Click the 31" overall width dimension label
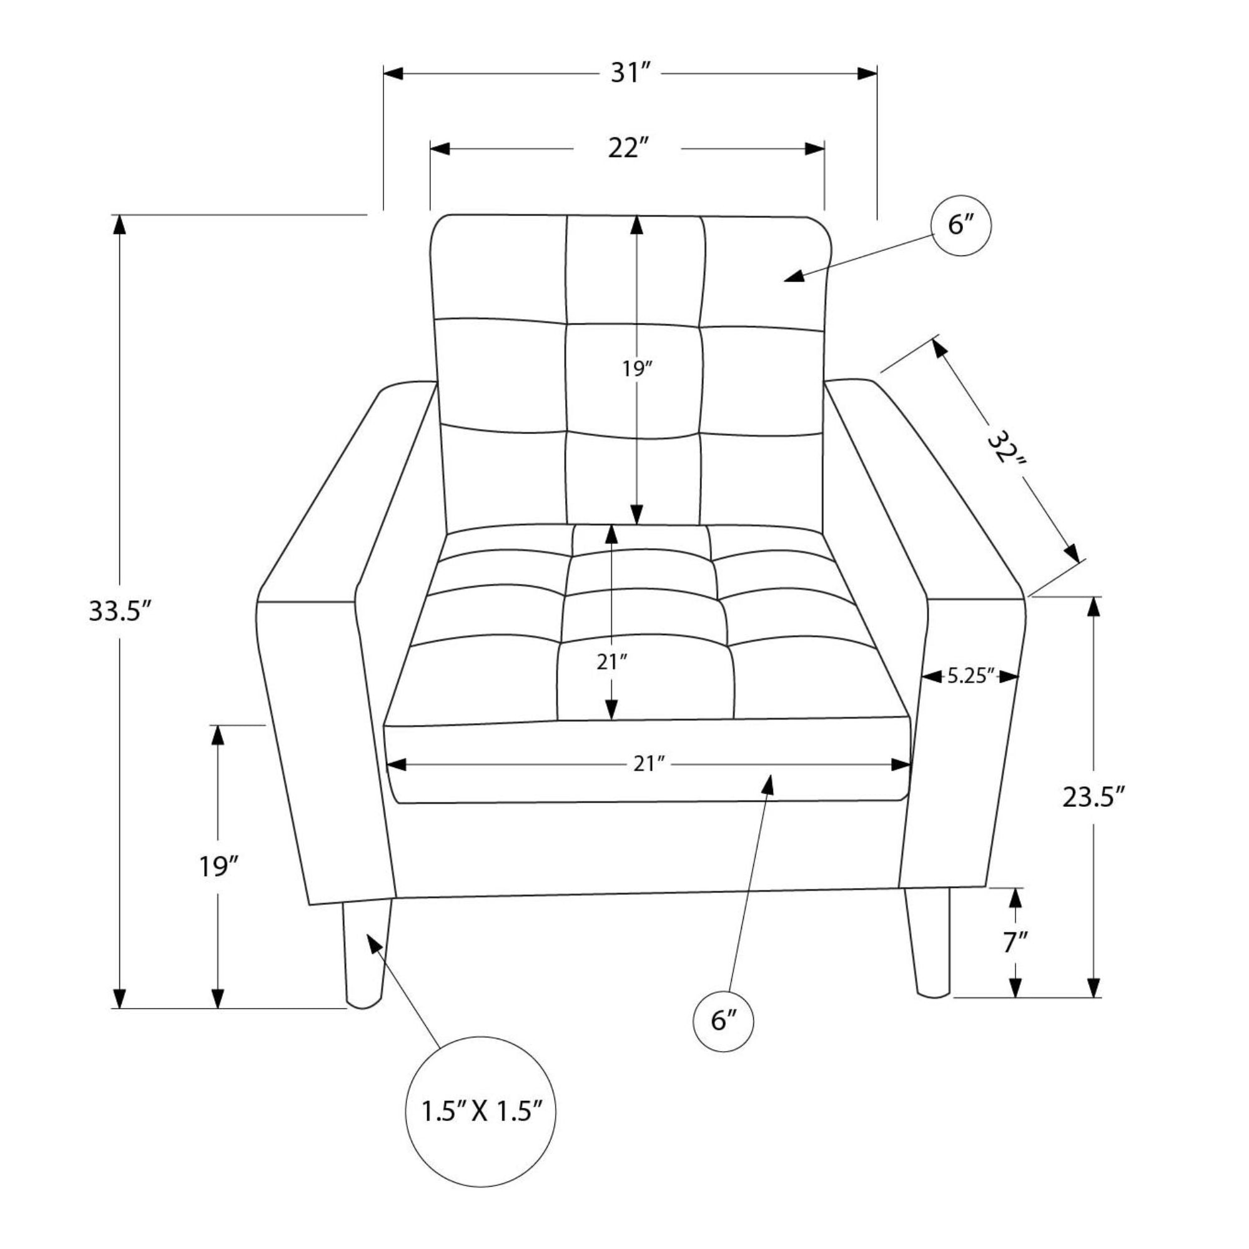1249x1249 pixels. pos(629,73)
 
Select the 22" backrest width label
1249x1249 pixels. pos(628,149)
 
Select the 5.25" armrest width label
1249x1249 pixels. pos(970,676)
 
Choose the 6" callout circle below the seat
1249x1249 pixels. pos(723,1022)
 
